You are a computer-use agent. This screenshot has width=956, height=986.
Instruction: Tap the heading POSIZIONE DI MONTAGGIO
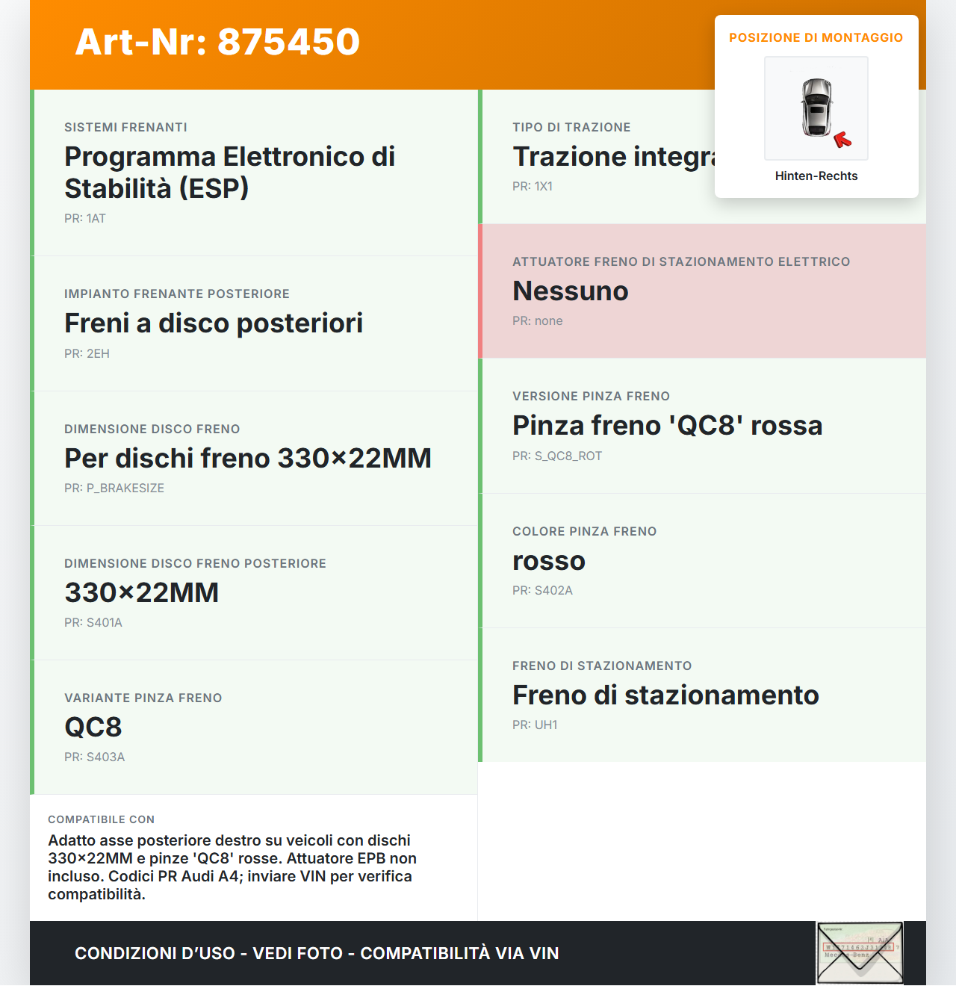pyautogui.click(x=816, y=37)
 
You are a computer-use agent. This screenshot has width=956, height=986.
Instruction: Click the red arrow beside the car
pyautogui.click(x=842, y=140)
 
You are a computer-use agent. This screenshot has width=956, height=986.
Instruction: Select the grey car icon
pyautogui.click(x=816, y=107)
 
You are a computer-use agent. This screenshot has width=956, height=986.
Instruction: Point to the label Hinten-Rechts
pyautogui.click(x=816, y=176)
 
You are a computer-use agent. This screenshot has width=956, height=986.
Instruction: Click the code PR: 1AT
pyautogui.click(x=85, y=219)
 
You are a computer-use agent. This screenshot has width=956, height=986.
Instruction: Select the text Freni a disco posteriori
pyautogui.click(x=214, y=323)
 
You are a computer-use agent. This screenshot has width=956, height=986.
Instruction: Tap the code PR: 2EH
pyautogui.click(x=87, y=354)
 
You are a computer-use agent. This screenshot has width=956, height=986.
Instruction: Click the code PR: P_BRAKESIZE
pyautogui.click(x=114, y=489)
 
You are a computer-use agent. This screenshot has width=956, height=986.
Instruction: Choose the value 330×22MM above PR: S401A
pyautogui.click(x=142, y=593)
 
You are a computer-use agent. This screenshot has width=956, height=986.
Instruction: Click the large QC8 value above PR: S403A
pyautogui.click(x=93, y=728)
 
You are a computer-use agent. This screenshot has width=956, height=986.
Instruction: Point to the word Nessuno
pyautogui.click(x=571, y=291)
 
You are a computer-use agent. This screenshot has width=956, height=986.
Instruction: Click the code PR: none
pyautogui.click(x=538, y=321)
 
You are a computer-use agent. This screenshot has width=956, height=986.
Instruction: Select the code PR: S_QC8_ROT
pyautogui.click(x=557, y=456)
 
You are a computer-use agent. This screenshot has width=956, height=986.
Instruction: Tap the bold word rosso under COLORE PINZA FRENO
pyautogui.click(x=549, y=561)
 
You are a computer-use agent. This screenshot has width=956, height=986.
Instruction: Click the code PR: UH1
pyautogui.click(x=535, y=725)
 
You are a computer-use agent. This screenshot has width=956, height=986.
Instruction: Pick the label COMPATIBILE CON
pyautogui.click(x=102, y=819)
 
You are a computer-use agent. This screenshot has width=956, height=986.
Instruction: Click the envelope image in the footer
pyautogui.click(x=860, y=953)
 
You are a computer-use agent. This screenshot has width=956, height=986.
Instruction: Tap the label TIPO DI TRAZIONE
pyautogui.click(x=571, y=128)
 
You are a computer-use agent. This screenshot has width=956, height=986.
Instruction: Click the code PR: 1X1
pyautogui.click(x=533, y=187)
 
